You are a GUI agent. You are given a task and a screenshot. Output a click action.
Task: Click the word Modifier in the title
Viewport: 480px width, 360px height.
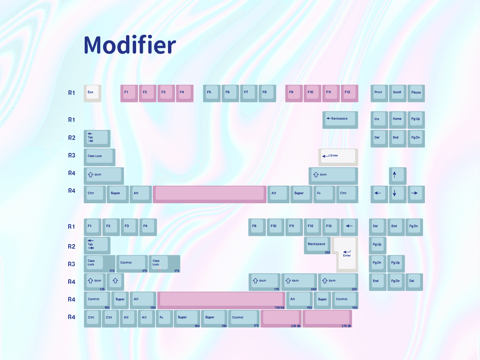click(x=130, y=45)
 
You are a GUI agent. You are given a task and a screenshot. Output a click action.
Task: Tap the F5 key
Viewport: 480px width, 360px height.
click(x=211, y=93)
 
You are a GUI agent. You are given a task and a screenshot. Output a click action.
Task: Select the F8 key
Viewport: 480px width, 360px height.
click(x=267, y=93)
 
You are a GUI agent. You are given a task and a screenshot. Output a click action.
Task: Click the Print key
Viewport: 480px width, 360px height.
click(x=379, y=93)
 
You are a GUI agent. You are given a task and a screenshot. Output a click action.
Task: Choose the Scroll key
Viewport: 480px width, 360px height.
click(x=397, y=93)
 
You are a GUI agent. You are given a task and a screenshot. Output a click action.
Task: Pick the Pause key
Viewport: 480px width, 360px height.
click(x=416, y=93)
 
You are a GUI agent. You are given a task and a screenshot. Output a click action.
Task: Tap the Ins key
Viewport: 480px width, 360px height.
click(x=379, y=120)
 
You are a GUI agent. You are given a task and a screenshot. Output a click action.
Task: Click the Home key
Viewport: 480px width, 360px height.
click(x=397, y=120)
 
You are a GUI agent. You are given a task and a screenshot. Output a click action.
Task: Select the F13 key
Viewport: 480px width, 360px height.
click(x=330, y=227)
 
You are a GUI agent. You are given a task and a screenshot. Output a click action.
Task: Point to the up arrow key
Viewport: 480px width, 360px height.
click(x=397, y=175)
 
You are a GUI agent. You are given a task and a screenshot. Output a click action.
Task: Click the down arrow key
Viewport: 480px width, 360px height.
click(x=397, y=194)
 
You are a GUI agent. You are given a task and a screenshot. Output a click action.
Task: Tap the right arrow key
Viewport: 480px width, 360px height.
click(x=415, y=194)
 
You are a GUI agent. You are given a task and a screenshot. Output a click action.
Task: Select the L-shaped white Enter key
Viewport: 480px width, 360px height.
click(x=346, y=255)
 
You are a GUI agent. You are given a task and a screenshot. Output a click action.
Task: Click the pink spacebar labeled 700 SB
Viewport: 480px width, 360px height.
click(x=221, y=300)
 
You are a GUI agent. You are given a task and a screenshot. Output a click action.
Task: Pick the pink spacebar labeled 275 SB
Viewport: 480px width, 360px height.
click(x=327, y=318)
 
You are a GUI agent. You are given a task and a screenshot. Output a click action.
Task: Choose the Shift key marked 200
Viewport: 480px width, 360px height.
click(x=299, y=282)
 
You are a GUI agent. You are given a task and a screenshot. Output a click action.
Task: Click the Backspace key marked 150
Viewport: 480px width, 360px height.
click(x=317, y=245)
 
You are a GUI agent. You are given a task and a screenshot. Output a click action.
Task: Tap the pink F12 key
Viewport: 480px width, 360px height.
click(x=349, y=93)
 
